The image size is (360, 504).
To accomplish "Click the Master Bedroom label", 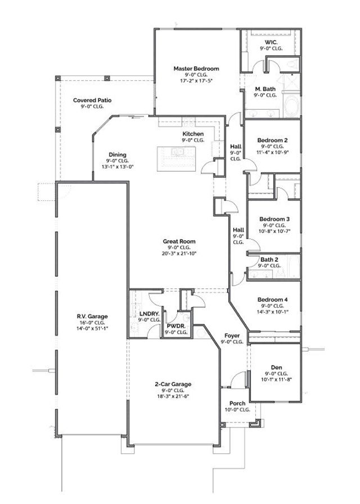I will coord(196,69).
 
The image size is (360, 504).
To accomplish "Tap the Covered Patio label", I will coord(92,100).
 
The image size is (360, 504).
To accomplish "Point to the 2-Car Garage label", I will coord(173,384).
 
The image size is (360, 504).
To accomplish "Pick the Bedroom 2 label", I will coord(272,140).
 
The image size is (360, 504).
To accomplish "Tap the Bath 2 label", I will coord(269,259).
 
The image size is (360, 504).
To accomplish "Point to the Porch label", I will coord(237,404).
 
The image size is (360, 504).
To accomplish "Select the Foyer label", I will coord(231,335).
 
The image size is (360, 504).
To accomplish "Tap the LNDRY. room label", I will coord(148,313).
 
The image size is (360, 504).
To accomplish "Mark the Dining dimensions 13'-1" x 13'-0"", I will coord(117,167).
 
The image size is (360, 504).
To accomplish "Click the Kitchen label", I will coord(193,134).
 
